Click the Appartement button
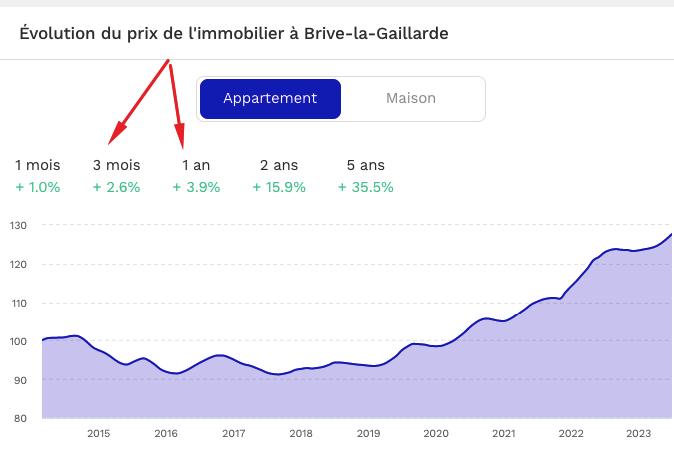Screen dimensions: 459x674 [270, 99]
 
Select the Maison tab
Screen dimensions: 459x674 [411, 99]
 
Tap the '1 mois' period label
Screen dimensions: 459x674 [38, 165]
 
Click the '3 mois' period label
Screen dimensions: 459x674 [116, 165]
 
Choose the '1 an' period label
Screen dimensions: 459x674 [196, 165]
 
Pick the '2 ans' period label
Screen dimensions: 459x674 [279, 165]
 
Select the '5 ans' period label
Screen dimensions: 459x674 [365, 165]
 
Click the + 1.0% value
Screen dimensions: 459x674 [38, 187]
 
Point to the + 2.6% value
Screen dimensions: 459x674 [116, 187]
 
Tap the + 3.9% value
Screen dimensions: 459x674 [196, 187]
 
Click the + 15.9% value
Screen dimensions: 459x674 [279, 187]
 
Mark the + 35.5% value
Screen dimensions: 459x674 [366, 187]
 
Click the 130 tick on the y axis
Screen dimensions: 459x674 [20, 226]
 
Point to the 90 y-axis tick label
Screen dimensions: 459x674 [20, 380]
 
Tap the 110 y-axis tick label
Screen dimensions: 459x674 [20, 303]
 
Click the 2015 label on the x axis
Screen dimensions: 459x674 [98, 434]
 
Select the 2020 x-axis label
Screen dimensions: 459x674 [436, 434]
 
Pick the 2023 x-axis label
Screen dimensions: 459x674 [638, 434]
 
